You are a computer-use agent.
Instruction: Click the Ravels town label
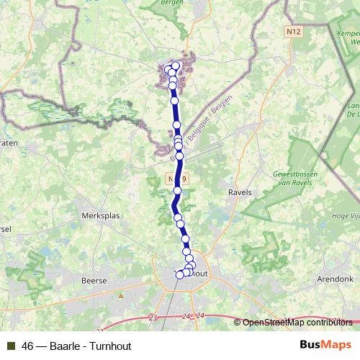pyautogui.click(x=240, y=193)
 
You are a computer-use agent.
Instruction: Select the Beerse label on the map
pyautogui.click(x=94, y=280)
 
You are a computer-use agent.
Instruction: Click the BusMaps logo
pyautogui.click(x=325, y=344)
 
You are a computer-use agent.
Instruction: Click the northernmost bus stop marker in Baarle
pyautogui.click(x=175, y=66)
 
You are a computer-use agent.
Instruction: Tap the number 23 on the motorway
pyautogui.click(x=152, y=317)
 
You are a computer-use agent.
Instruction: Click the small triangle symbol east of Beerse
pyautogui.click(x=122, y=295)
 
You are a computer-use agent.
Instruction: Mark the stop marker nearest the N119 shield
pyautogui.click(x=178, y=190)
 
